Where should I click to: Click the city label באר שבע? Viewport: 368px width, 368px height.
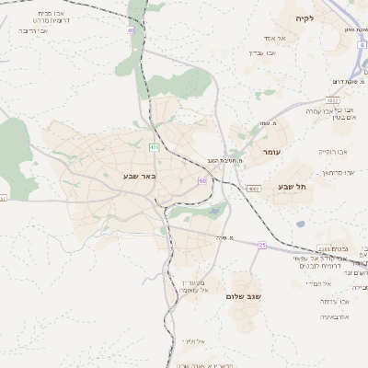(x=141, y=175)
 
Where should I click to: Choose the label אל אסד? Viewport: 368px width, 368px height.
(x=275, y=38)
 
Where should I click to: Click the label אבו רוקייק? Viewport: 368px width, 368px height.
(x=332, y=151)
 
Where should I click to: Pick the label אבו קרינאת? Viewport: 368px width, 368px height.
(x=338, y=172)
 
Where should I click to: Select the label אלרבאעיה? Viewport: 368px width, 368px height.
(x=339, y=316)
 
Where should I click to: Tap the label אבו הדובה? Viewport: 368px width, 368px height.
(x=33, y=30)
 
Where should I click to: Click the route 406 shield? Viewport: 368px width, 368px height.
(x=154, y=146)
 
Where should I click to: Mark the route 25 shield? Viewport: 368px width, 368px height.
(x=262, y=245)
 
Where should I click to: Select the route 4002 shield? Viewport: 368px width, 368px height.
(x=332, y=100)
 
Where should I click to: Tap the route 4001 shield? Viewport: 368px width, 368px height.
(x=254, y=188)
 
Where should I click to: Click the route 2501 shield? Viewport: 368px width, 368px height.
(x=324, y=248)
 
